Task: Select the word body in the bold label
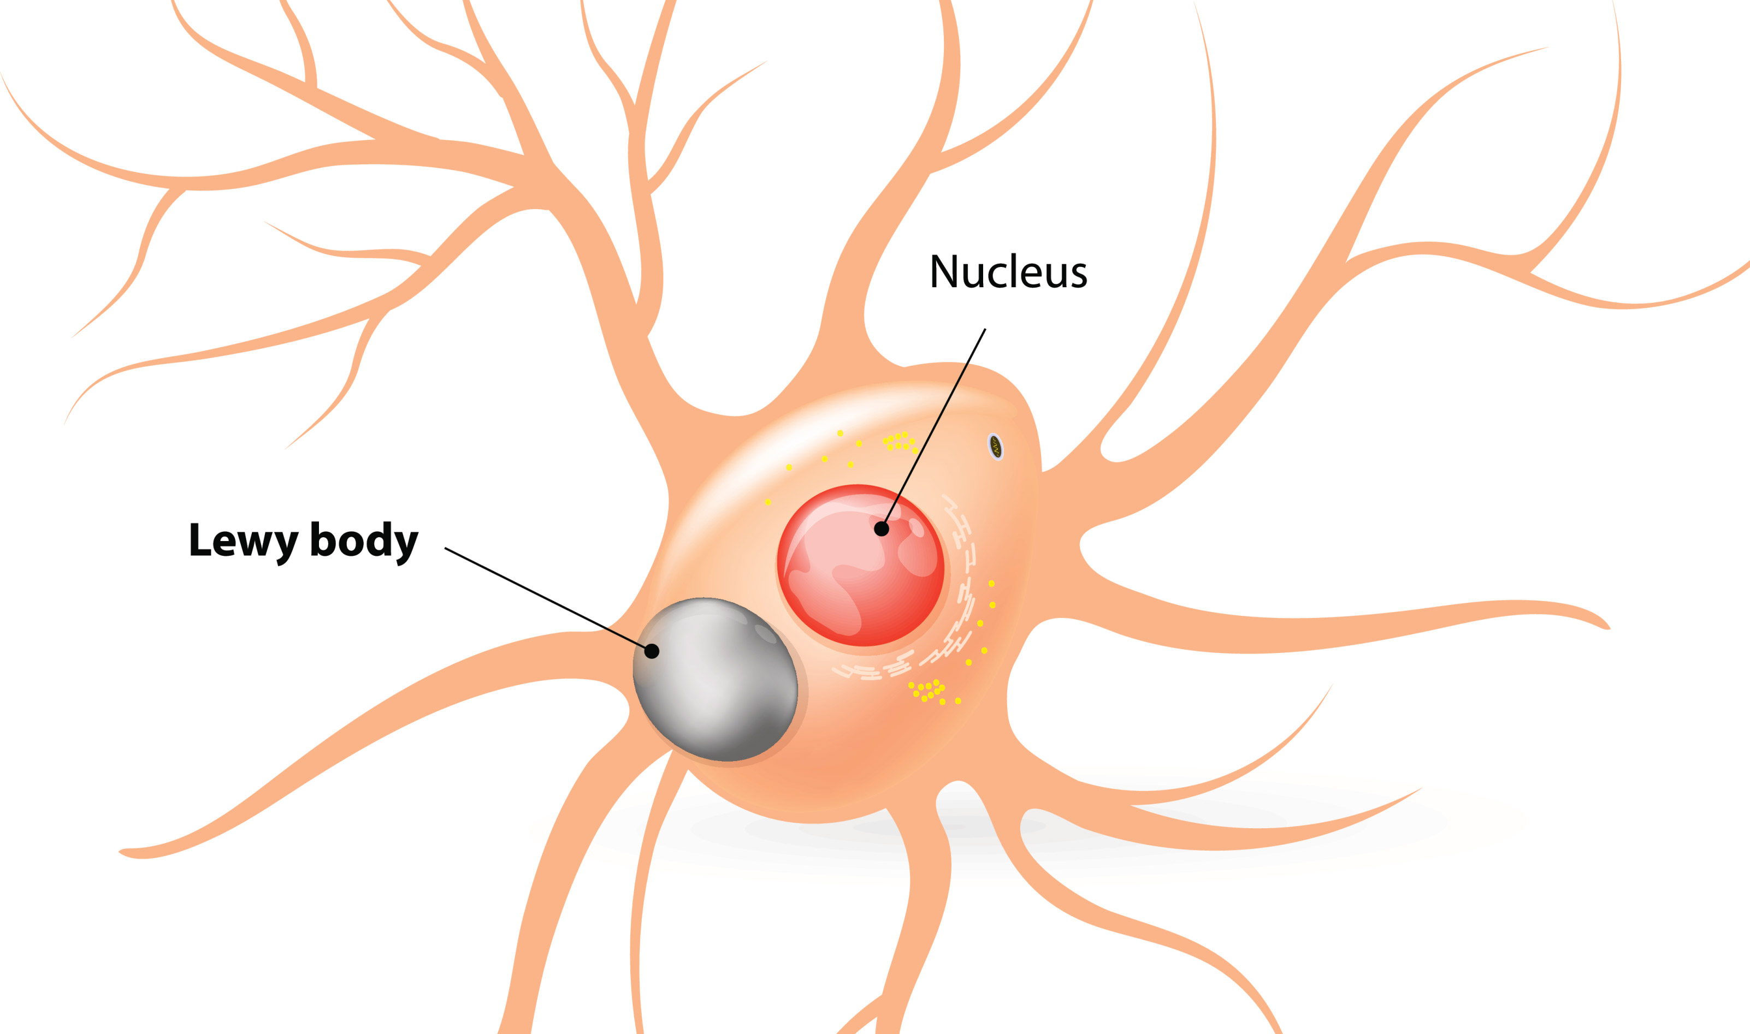coord(363,540)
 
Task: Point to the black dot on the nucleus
coord(881,529)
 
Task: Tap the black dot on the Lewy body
coord(652,651)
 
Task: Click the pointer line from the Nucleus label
coord(934,428)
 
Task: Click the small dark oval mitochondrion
coord(996,447)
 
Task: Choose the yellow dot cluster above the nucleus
coord(900,441)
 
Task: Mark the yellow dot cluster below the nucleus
coord(929,691)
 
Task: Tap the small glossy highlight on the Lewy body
coord(765,633)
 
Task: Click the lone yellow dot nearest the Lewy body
coord(768,502)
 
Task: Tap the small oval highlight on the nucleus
coord(916,527)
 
